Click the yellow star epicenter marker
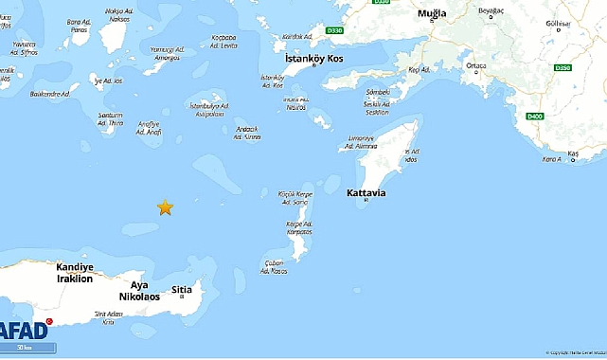coord(165,207)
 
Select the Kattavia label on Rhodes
coord(366,193)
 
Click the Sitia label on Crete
coord(184,290)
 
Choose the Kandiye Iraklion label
coord(75,273)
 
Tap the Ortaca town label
coord(476,65)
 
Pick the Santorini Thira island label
coord(111,118)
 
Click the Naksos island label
coord(118,14)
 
